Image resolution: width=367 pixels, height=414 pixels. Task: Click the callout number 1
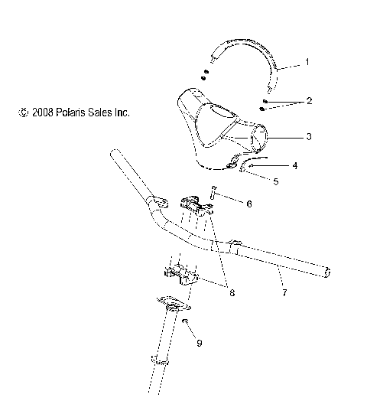pyautogui.click(x=307, y=61)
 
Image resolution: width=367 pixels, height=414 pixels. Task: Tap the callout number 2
pyautogui.click(x=309, y=101)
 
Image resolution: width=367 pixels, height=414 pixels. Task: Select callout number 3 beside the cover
pyautogui.click(x=307, y=137)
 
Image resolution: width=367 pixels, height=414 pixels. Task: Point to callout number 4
pyautogui.click(x=294, y=165)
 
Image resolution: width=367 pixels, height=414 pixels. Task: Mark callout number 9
pyautogui.click(x=199, y=344)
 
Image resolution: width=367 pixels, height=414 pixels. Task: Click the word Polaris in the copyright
pyautogui.click(x=67, y=112)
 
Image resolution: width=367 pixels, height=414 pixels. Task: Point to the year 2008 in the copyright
pyautogui.click(x=40, y=112)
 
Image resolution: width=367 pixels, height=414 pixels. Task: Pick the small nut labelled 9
pyautogui.click(x=184, y=321)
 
